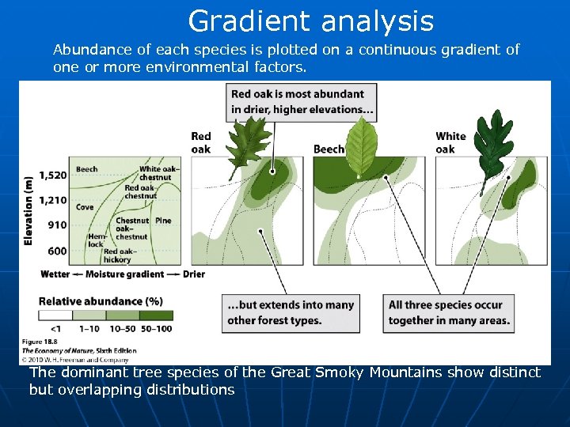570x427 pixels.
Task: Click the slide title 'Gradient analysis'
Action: [x=310, y=21]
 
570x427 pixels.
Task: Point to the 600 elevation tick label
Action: [x=57, y=251]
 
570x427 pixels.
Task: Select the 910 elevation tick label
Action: [x=57, y=225]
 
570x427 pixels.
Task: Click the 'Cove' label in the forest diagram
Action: [x=84, y=207]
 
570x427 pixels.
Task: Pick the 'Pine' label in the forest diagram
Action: [x=163, y=221]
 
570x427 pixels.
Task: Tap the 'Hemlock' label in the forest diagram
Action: [x=94, y=240]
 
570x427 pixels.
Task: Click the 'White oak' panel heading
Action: [x=450, y=143]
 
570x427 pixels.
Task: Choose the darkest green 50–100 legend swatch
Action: [x=157, y=315]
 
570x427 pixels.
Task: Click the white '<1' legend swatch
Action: [x=55, y=315]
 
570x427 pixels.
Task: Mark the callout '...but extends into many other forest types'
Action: [x=290, y=312]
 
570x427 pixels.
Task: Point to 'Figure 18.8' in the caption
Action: [x=40, y=342]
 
